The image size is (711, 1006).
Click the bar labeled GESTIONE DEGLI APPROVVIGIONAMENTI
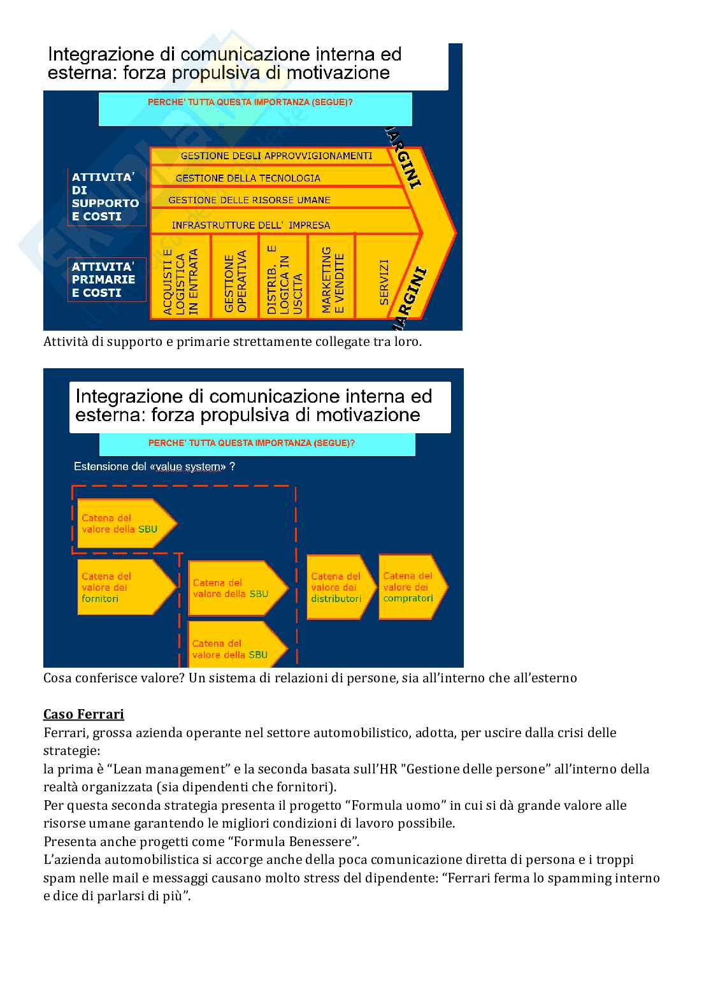tap(276, 156)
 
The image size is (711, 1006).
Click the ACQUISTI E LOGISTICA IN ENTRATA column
tap(180, 277)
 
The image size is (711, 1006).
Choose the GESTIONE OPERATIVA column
tap(235, 277)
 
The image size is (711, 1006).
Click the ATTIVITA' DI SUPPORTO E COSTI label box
tap(106, 197)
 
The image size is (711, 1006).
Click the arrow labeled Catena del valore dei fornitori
tap(124, 587)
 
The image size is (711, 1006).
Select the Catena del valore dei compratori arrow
tap(410, 587)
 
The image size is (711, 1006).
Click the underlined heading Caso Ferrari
tap(83, 714)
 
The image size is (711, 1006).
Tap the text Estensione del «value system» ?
tap(154, 466)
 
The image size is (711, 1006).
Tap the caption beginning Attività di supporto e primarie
tap(232, 341)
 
